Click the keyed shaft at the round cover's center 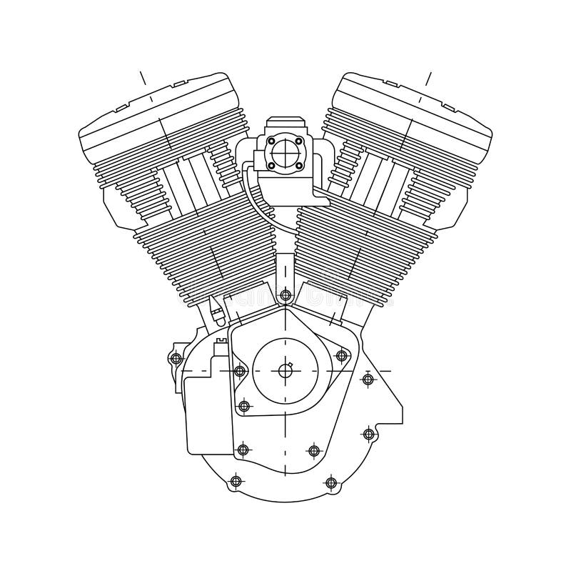(285, 370)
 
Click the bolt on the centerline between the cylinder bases (285, 294)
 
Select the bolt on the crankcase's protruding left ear (176, 358)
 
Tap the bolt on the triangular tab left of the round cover (240, 371)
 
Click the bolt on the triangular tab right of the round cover (341, 355)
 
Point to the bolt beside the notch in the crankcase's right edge (368, 434)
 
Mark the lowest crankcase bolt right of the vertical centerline (330, 482)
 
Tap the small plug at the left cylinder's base (215, 309)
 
